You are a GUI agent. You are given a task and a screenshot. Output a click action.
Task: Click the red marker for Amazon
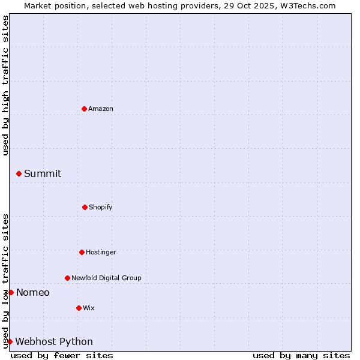[x=84, y=109]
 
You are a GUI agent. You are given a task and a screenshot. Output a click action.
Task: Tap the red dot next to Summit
[x=19, y=173]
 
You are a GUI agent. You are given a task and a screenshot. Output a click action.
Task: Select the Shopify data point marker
[x=85, y=207]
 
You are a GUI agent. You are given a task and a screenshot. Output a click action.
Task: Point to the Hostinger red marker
[x=82, y=252]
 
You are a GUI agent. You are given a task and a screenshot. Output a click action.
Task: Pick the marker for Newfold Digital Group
[x=67, y=278]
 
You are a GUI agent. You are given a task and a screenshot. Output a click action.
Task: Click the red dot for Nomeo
[x=11, y=292]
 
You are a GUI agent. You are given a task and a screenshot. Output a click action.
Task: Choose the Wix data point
[x=79, y=308]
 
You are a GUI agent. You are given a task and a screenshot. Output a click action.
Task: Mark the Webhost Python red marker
[x=10, y=341]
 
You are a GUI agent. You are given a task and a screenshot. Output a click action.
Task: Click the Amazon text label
[x=101, y=109]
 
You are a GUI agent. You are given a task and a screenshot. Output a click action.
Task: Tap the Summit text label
[x=43, y=173]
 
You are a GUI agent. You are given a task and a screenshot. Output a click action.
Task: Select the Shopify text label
[x=101, y=207]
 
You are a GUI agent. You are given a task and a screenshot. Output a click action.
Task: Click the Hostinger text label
[x=101, y=252]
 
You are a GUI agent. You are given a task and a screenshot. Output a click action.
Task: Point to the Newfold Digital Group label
[x=106, y=278]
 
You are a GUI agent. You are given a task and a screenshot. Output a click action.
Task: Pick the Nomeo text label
[x=33, y=292]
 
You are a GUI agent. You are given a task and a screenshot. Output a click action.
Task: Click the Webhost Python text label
[x=54, y=341]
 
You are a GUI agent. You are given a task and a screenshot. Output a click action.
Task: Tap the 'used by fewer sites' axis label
[x=62, y=355]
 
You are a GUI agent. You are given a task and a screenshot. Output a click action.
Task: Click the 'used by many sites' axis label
[x=301, y=355]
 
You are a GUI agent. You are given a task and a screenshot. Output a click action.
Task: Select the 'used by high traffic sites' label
[x=6, y=85]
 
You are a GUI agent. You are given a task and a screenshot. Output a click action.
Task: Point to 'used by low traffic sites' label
[x=6, y=280]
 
